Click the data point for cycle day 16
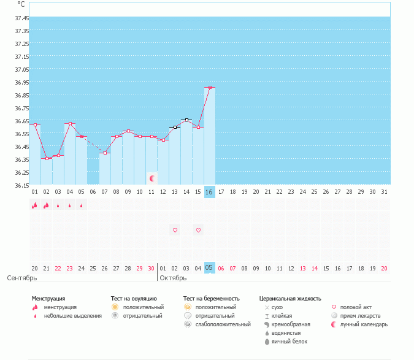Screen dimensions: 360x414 [210, 88]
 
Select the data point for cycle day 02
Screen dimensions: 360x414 [47, 158]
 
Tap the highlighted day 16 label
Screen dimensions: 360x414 [209, 192]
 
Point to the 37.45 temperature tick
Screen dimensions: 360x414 [21, 18]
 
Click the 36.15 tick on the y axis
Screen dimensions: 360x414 [21, 185]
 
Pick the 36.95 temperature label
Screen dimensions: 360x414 [21, 82]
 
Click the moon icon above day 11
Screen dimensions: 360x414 [151, 178]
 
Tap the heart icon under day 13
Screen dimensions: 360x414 [175, 230]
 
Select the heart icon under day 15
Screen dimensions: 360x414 [198, 230]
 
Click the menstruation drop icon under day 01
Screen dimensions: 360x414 [35, 205]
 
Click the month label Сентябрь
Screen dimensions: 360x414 [22, 278]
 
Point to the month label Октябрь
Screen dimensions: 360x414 [172, 278]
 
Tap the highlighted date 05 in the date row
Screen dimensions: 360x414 [209, 268]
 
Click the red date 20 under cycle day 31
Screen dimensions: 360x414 [384, 268]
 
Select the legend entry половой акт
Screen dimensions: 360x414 [356, 307]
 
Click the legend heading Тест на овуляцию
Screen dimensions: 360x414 [138, 298]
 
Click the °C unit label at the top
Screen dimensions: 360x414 [21, 4]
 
